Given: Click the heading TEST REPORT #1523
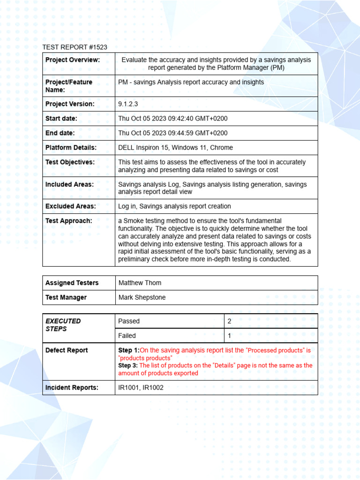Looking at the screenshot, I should pyautogui.click(x=75, y=47).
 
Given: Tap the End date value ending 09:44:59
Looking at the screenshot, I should pyautogui.click(x=173, y=133).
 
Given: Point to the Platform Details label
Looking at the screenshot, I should pyautogui.click(x=71, y=148).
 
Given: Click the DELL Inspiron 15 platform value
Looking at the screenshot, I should pyautogui.click(x=175, y=148).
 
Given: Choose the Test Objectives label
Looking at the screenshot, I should pyautogui.click(x=70, y=162).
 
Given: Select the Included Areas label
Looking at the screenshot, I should pyautogui.click(x=69, y=184).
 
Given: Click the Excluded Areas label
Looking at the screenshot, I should pyautogui.click(x=70, y=206).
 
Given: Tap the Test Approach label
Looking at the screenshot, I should pyautogui.click(x=68, y=221).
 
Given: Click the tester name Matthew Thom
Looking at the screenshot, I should pyautogui.click(x=140, y=283).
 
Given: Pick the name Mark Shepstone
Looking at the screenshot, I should pyautogui.click(x=142, y=297).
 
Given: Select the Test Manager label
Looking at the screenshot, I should pyautogui.click(x=66, y=297).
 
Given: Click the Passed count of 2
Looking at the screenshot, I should pyautogui.click(x=230, y=321).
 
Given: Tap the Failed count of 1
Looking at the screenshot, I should pyautogui.click(x=229, y=336).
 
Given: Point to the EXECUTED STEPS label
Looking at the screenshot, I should pyautogui.click(x=63, y=325).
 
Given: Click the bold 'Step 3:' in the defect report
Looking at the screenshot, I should pyautogui.click(x=128, y=366).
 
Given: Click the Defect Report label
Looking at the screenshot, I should pyautogui.click(x=67, y=350).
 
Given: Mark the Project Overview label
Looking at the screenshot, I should pyautogui.click(x=72, y=60).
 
